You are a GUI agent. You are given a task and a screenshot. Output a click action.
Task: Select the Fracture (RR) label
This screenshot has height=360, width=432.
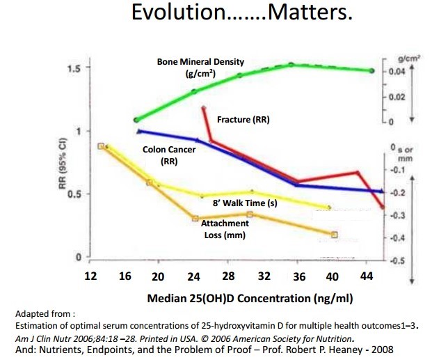243,120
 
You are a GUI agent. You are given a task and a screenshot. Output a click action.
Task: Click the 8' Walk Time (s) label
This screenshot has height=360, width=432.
245,204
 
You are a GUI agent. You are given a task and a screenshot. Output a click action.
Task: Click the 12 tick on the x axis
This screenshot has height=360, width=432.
91,276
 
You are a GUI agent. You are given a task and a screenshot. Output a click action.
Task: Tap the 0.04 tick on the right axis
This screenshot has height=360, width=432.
397,72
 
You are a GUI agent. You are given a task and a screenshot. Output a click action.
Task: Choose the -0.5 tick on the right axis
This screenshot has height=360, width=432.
398,261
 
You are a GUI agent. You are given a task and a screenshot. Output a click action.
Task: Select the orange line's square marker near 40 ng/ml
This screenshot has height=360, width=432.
335,235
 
